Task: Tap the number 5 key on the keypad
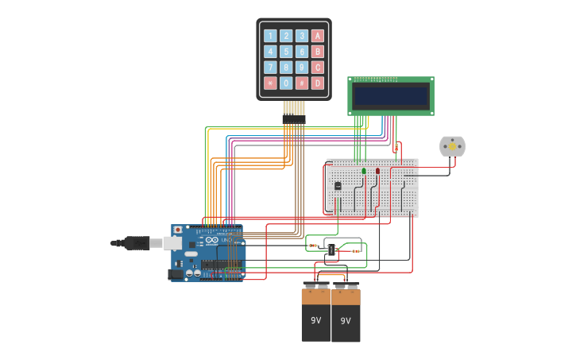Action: (286, 52)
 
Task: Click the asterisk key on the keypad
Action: (270, 83)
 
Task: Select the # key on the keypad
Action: (302, 83)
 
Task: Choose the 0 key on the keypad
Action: (286, 83)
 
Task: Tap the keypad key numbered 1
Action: (270, 36)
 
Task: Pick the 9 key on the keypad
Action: (302, 68)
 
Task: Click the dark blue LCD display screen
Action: (391, 96)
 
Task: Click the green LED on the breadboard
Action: (364, 170)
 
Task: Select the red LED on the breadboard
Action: (378, 170)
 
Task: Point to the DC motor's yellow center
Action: (452, 145)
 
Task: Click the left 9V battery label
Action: (315, 320)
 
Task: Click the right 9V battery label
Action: (346, 321)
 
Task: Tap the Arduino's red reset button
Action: (177, 230)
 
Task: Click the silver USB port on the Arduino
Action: (175, 243)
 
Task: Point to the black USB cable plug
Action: (136, 243)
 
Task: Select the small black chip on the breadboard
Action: (338, 186)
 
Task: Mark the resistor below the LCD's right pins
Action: (396, 147)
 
